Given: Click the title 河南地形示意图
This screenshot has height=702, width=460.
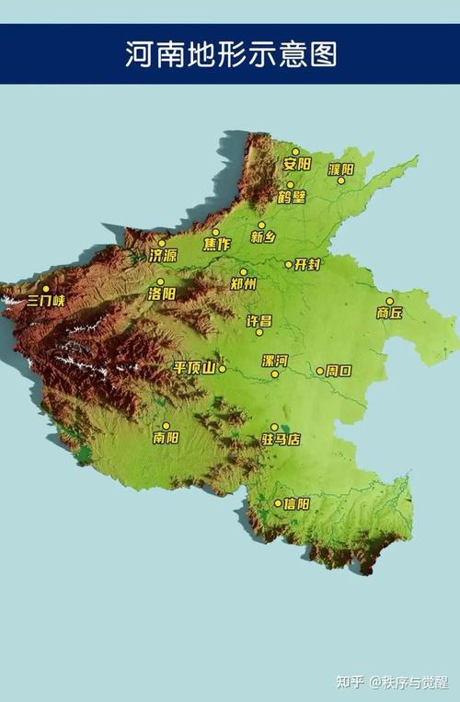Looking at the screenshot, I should [231, 53].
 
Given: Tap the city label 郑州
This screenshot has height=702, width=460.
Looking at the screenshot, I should [243, 285].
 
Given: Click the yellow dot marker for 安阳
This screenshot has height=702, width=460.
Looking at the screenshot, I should [295, 152].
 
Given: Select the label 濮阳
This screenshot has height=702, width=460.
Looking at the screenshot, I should [340, 168].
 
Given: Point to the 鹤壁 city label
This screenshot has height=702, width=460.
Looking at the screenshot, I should [292, 197].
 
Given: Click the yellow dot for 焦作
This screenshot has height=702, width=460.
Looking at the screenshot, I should [216, 232].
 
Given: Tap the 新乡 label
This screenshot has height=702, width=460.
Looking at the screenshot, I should [263, 237].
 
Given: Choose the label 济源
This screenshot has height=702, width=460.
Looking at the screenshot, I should [163, 256].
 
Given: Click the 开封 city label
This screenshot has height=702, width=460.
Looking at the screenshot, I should [306, 265].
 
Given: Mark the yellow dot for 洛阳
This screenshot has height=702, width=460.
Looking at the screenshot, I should [160, 282].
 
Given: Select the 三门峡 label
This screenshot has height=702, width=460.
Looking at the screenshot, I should [45, 300].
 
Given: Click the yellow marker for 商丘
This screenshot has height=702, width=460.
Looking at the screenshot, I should [389, 301].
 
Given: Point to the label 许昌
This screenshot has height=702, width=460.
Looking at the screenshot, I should [259, 320].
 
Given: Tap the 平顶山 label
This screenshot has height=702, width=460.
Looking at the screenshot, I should [194, 368].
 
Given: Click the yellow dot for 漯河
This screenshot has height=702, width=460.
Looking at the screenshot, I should [274, 374].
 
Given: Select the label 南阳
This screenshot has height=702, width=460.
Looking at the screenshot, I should [167, 438].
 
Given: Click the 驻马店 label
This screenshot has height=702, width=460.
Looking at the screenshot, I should [281, 440].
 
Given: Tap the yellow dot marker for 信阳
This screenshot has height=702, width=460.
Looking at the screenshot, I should [278, 503].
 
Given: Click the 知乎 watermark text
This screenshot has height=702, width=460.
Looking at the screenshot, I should [349, 682].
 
